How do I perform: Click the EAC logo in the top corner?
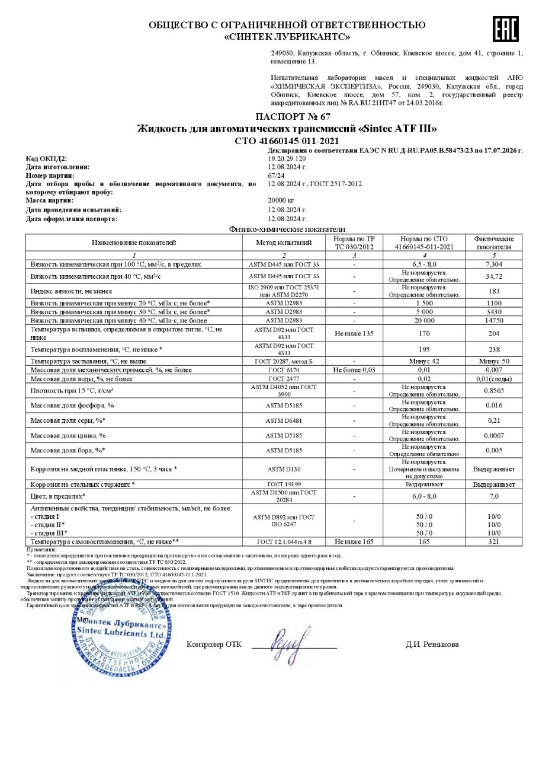click(x=505, y=28)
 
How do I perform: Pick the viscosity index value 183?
click(x=494, y=291)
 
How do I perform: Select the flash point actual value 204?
click(x=494, y=333)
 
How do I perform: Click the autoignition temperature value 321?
click(x=494, y=541)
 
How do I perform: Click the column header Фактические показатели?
click(x=494, y=243)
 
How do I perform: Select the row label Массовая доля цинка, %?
click(x=68, y=435)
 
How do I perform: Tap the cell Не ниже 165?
click(x=354, y=541)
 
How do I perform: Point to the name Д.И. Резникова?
click(x=432, y=645)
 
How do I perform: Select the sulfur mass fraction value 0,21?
click(x=494, y=420)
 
